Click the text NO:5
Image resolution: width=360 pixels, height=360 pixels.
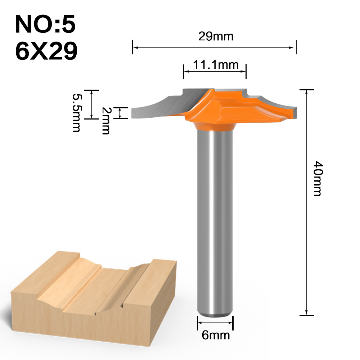pyautogui.click(x=45, y=25)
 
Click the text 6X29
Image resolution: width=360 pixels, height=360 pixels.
pyautogui.click(x=46, y=51)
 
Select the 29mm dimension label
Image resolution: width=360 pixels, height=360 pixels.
pyautogui.click(x=216, y=36)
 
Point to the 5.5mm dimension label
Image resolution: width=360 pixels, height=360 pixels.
pyautogui.click(x=76, y=113)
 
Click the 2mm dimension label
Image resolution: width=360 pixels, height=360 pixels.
pyautogui.click(x=105, y=121)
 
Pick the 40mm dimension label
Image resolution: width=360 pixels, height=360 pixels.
pyautogui.click(x=316, y=178)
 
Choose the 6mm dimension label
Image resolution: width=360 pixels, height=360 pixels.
pyautogui.click(x=216, y=335)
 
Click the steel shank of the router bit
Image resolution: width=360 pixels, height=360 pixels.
pyautogui.click(x=215, y=216)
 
